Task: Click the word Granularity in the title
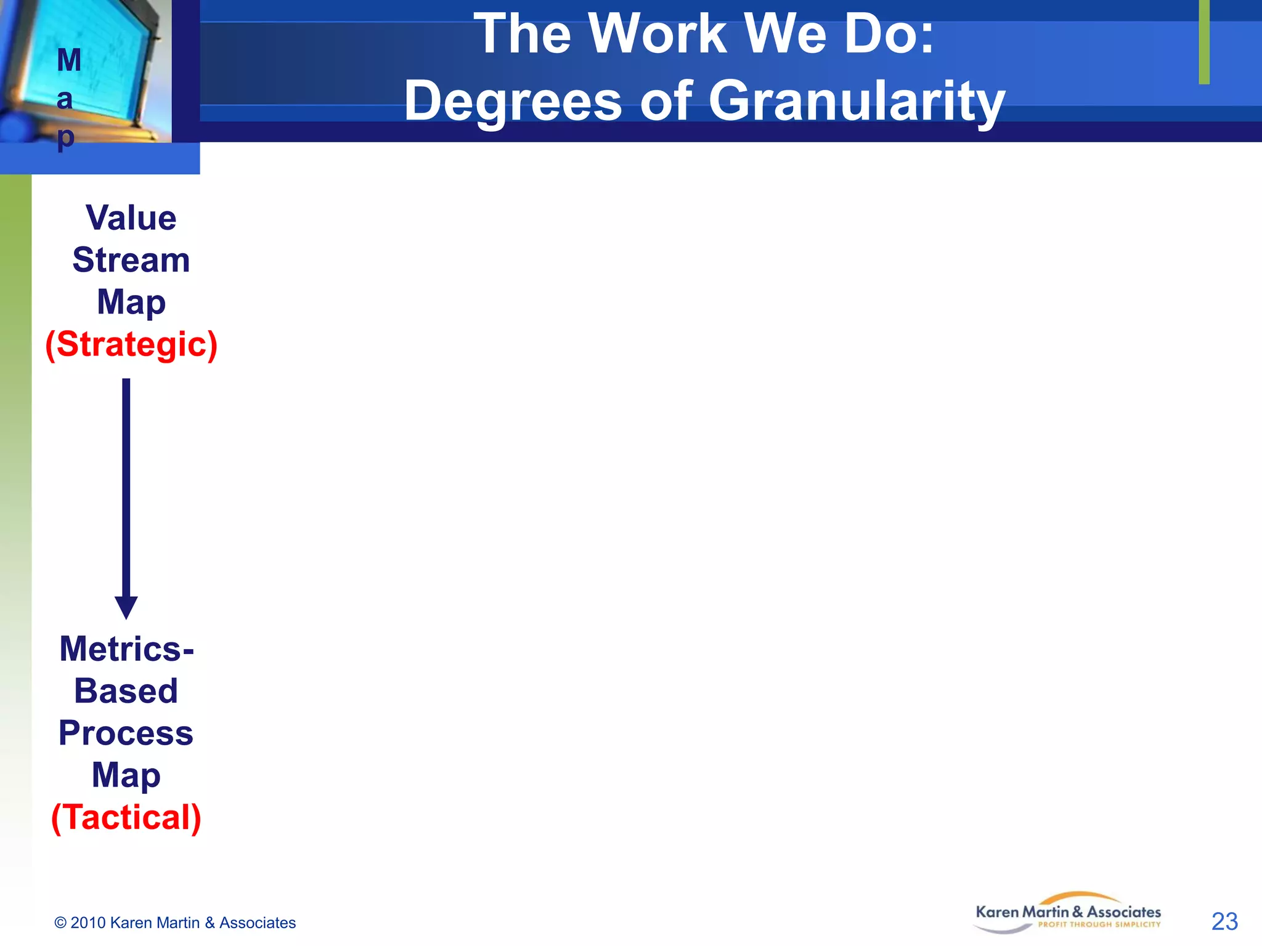tap(857, 102)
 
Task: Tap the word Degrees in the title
tap(513, 102)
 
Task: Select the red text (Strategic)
tap(131, 344)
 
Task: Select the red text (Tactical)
tap(126, 817)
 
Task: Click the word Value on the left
tap(131, 218)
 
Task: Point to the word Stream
tap(131, 260)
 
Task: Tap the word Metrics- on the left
tap(126, 649)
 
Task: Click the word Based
tap(126, 691)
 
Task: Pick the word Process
tap(126, 733)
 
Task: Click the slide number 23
tap(1224, 922)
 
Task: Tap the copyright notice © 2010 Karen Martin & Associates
tap(175, 923)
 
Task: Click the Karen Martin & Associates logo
tap(1068, 912)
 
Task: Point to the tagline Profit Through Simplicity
tap(1099, 924)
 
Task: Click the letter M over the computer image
tap(69, 60)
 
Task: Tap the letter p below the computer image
tap(65, 138)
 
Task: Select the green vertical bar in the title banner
tap(1204, 42)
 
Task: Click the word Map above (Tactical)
tap(126, 775)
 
